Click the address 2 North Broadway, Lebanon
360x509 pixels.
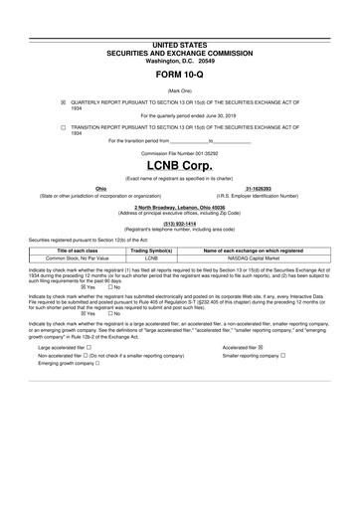[x=179, y=206]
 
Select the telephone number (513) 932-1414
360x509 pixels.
[x=179, y=224]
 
